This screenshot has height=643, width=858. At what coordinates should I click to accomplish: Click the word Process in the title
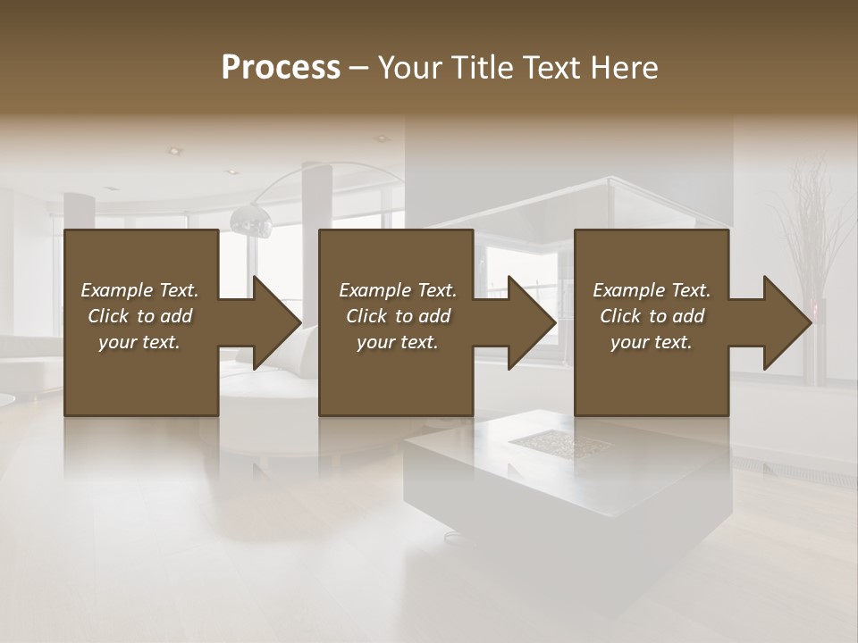[281, 68]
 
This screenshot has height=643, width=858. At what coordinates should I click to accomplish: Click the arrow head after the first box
[277, 322]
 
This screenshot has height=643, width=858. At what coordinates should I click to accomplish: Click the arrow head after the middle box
[532, 322]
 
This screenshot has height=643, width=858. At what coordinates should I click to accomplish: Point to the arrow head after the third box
[787, 322]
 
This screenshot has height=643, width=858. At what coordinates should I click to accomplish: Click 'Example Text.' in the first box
[139, 290]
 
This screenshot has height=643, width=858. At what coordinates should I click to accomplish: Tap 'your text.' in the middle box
[397, 342]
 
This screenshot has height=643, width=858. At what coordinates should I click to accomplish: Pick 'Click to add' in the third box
[652, 316]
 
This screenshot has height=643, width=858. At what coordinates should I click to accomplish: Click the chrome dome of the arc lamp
[251, 219]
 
